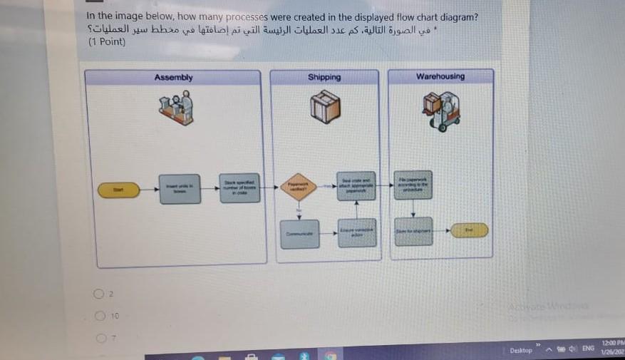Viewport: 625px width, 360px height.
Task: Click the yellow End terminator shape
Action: coord(469,230)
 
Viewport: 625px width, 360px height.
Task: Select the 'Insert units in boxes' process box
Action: coord(180,189)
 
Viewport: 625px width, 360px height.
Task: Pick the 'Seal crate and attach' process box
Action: coord(356,187)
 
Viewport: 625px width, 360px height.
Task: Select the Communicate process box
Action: coord(299,234)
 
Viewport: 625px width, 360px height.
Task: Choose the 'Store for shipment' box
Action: coord(413,232)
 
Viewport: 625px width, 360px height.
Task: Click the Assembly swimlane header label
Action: coord(173,77)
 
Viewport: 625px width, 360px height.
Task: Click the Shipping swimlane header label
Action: coord(324,77)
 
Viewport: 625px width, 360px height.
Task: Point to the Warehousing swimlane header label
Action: coord(440,76)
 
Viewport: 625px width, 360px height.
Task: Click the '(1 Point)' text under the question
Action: coord(107,42)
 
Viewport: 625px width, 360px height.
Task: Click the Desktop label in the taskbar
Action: coord(521,350)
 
